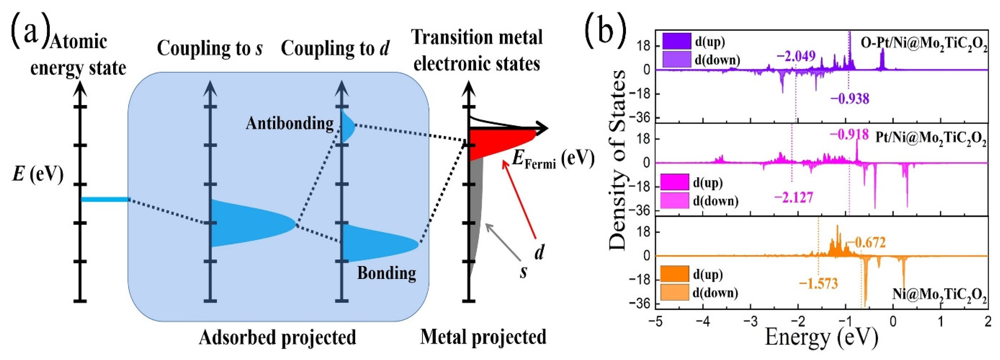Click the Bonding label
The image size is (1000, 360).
click(x=386, y=273)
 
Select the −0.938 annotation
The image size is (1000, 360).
click(x=850, y=99)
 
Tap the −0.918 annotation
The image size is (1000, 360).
click(x=849, y=135)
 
